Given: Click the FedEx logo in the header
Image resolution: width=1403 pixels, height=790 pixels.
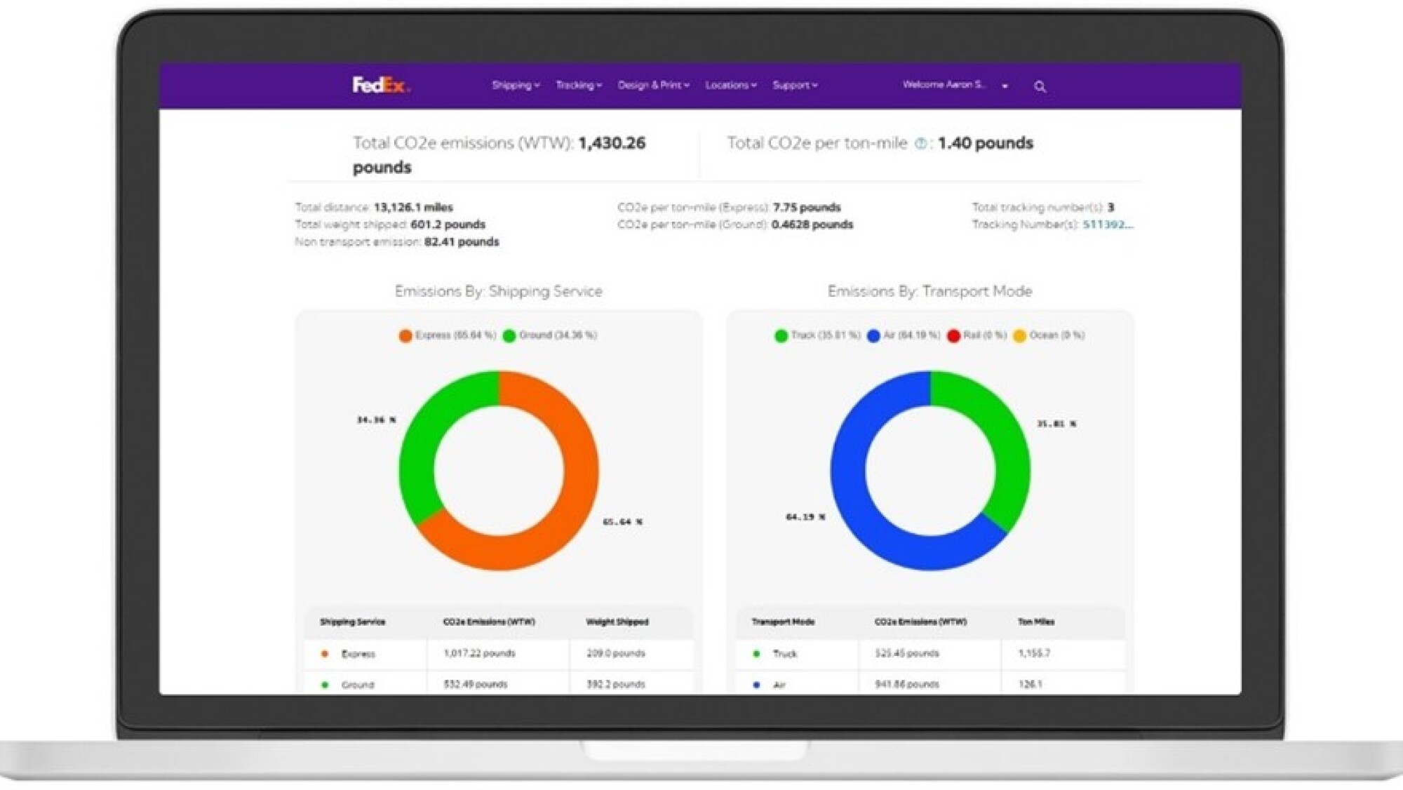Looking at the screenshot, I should point(380,86).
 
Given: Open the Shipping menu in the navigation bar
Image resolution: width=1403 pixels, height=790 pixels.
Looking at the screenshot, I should point(515,86).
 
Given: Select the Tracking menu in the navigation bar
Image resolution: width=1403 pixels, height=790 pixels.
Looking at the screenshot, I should point(578,86).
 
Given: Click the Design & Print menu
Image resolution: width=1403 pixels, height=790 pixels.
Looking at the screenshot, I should point(653,86).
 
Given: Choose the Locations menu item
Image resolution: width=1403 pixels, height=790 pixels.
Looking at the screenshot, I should point(730,86).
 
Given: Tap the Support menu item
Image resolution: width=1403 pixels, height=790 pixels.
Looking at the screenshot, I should point(794,86).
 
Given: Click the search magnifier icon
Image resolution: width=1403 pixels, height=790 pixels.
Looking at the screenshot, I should point(1040,87).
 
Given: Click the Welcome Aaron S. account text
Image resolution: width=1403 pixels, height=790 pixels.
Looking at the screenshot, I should point(944,85).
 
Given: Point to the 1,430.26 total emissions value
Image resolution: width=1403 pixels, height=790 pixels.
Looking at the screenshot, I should point(612,143).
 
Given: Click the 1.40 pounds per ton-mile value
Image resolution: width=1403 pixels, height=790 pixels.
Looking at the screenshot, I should point(985,143).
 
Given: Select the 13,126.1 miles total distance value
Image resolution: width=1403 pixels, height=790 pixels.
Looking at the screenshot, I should point(413,208).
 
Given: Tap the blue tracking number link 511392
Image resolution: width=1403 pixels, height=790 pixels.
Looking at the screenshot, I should point(1107,225).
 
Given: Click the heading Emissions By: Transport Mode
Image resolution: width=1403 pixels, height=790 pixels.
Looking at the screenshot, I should point(929,291).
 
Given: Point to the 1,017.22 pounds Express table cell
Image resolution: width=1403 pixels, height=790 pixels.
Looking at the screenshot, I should point(479,653).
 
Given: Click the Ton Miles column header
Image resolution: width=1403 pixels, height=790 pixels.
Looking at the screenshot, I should point(1036,622).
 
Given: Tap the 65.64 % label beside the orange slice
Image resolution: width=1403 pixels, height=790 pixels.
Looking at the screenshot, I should point(622,522).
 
